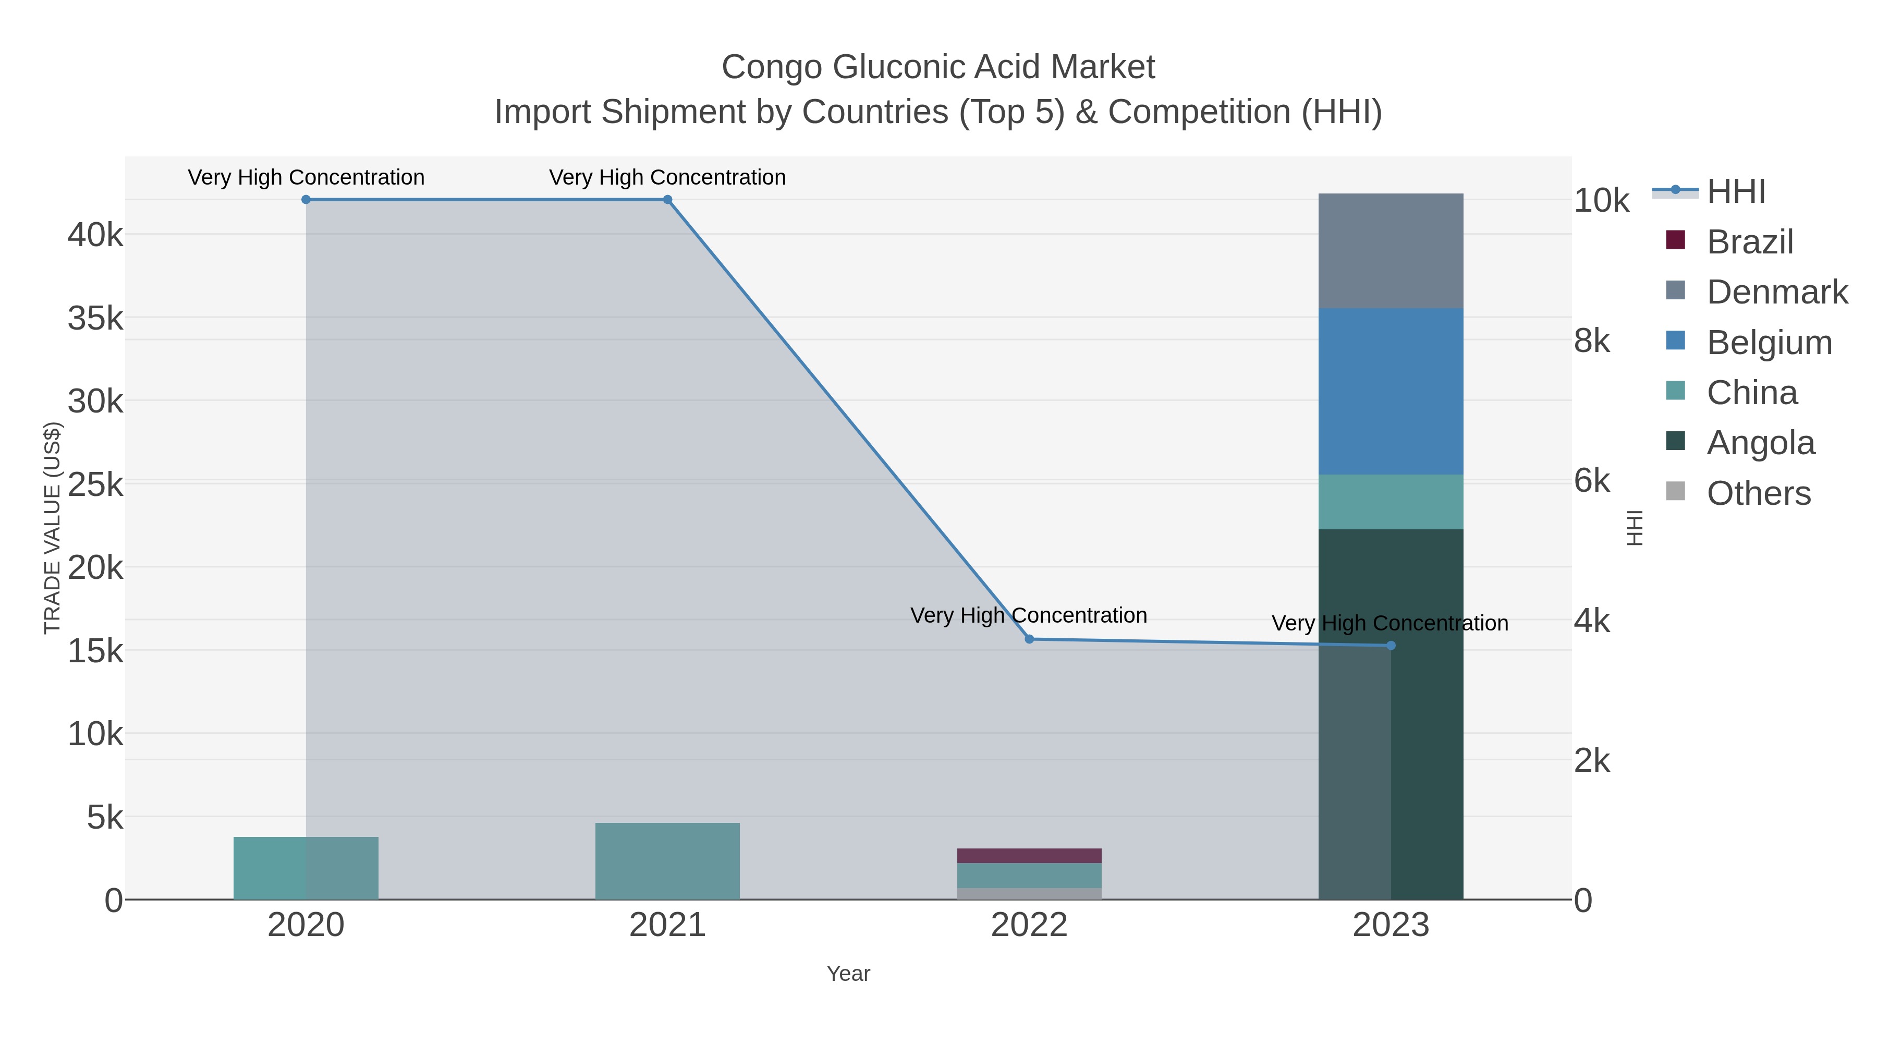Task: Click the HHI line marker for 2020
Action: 306,200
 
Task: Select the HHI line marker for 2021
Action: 667,200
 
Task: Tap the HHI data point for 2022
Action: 1029,639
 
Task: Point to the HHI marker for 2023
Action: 1390,646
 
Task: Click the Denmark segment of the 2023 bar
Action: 1390,251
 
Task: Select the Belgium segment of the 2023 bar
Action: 1390,391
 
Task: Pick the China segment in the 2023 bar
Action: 1390,502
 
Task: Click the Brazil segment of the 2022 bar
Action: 1029,856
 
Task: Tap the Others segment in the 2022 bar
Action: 1029,893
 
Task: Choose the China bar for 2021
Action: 667,861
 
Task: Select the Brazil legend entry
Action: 1749,242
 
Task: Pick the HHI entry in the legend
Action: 1736,192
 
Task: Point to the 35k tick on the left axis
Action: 95,319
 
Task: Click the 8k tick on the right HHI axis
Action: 1592,341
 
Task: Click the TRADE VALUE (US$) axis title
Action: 53,528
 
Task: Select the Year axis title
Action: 848,974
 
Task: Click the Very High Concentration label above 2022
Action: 1028,616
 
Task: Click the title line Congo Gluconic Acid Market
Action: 938,67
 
